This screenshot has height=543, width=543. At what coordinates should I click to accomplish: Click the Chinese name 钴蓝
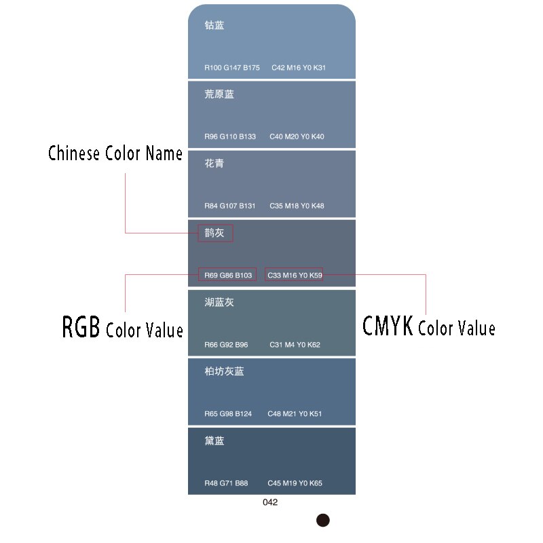[x=214, y=26]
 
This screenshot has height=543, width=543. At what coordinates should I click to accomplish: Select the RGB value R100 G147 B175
[x=232, y=67]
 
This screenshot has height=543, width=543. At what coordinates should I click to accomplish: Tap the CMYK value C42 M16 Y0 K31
[x=299, y=67]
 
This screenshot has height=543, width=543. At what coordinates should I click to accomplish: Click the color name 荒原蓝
[x=219, y=94]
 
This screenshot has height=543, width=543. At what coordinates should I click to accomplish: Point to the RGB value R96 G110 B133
[x=230, y=136]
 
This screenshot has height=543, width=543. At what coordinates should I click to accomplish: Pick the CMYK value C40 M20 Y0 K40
[x=297, y=136]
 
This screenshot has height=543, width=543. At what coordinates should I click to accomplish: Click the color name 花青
[x=214, y=164]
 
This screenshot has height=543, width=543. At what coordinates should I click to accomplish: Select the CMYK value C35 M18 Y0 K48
[x=297, y=206]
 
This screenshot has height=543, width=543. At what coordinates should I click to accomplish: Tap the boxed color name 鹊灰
[x=214, y=233]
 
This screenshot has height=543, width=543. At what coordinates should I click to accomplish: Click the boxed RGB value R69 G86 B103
[x=227, y=275]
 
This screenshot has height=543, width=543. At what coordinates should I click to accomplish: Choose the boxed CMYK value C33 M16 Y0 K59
[x=295, y=275]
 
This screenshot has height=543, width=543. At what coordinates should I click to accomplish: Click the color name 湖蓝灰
[x=219, y=302]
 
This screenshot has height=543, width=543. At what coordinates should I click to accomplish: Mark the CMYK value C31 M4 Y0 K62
[x=295, y=345]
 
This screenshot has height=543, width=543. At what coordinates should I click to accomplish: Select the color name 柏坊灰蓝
[x=224, y=371]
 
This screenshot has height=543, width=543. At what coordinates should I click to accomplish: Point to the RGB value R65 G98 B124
[x=228, y=414]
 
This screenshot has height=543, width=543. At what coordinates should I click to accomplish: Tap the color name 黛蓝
[x=214, y=441]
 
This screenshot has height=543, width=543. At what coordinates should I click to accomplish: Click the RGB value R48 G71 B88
[x=226, y=483]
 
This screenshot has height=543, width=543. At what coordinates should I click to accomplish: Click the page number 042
[x=270, y=502]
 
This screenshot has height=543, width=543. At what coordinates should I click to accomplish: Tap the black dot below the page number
[x=323, y=521]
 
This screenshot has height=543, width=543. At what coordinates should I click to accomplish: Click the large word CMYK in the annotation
[x=388, y=326]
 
